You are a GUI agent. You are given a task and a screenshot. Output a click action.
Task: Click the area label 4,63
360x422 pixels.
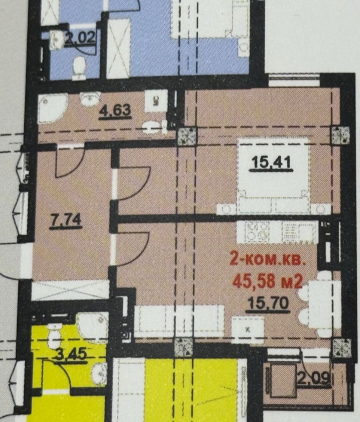pos(116,111)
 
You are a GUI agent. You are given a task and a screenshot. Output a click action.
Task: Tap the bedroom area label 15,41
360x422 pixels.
pos(271,163)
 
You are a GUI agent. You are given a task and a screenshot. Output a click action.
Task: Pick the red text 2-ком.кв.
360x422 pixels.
pos(268,260)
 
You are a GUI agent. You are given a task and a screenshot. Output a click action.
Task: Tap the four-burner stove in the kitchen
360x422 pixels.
pos(257,231)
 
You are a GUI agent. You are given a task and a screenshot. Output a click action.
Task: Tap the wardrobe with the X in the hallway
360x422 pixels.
pos(71,290)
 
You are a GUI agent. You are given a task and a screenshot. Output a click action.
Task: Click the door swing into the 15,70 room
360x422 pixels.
pos(133,249)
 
